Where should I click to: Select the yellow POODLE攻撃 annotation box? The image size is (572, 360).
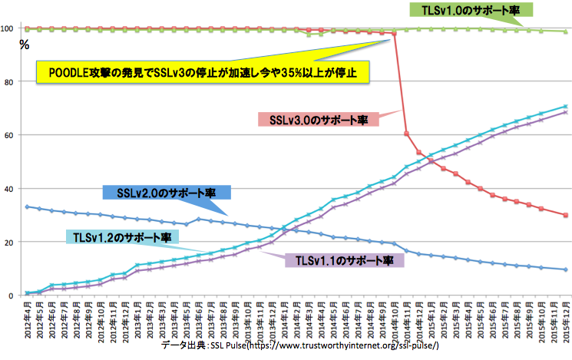(203, 74)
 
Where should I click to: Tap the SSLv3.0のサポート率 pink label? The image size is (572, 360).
(323, 120)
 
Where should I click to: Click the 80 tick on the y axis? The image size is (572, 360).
(12, 82)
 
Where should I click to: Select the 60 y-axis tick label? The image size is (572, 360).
(12, 135)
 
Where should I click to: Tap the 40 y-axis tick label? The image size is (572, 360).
(12, 189)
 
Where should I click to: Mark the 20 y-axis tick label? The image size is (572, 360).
(12, 243)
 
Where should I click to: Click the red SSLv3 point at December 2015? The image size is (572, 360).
(565, 215)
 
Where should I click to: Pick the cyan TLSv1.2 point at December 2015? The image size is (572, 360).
(565, 107)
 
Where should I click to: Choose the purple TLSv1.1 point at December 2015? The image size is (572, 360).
(565, 112)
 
